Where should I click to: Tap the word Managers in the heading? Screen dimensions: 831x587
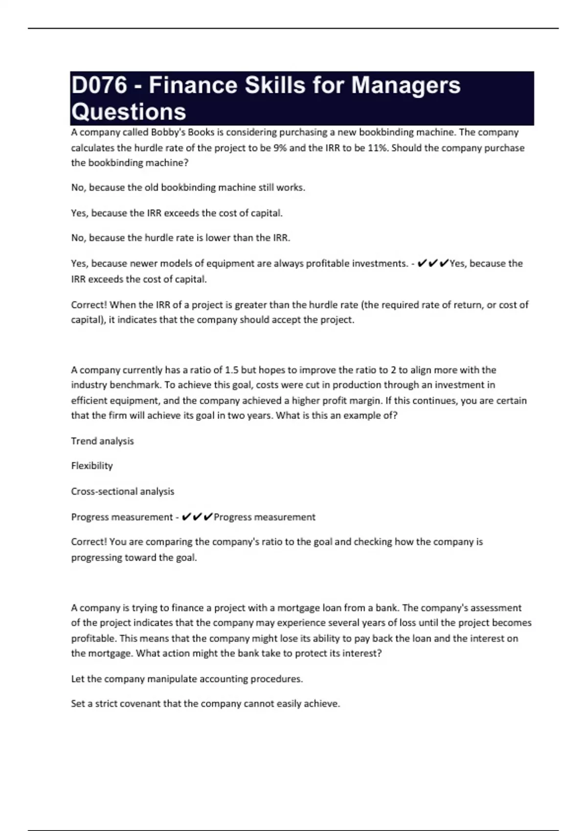point(406,85)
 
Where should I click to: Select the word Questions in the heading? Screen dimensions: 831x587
point(129,112)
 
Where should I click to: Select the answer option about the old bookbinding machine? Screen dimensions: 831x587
point(188,187)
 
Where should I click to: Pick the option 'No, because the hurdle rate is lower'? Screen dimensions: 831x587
point(181,238)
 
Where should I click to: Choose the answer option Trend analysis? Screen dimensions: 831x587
point(102,441)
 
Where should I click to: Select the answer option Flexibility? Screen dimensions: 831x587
point(92,466)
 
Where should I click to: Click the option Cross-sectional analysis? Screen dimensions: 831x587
point(122,491)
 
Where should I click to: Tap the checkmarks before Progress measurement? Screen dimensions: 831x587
point(197,517)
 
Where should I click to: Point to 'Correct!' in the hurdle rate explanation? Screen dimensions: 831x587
point(89,305)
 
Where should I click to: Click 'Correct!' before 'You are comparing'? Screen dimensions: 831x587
point(89,542)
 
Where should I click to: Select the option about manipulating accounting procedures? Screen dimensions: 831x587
point(187,679)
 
